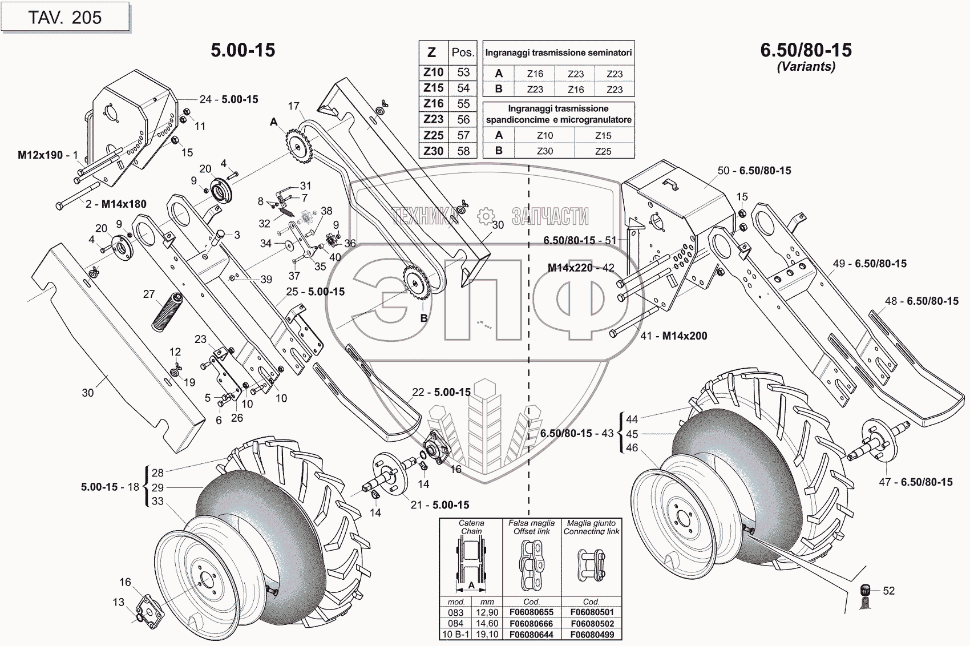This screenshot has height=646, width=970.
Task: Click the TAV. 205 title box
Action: click(65, 17)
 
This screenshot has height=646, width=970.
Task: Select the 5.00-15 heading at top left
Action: click(243, 50)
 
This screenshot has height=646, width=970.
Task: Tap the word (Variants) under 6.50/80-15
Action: click(806, 67)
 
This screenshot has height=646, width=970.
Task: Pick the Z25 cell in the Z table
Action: click(434, 135)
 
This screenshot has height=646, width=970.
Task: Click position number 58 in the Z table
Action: click(463, 151)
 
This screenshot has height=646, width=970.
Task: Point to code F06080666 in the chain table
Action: click(532, 624)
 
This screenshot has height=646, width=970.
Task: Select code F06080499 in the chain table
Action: click(592, 635)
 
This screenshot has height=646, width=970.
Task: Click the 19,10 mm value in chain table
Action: click(487, 635)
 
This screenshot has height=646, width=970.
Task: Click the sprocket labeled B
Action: click(416, 284)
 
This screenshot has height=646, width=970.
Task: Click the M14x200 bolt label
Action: click(685, 336)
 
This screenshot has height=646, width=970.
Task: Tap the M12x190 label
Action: click(41, 155)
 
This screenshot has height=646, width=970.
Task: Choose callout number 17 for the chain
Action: click(294, 106)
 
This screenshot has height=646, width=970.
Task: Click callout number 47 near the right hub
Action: click(885, 482)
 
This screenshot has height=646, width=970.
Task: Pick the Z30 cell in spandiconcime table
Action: click(545, 151)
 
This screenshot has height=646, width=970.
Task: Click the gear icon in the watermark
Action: click(486, 216)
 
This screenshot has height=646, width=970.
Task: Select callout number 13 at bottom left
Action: click(118, 602)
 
